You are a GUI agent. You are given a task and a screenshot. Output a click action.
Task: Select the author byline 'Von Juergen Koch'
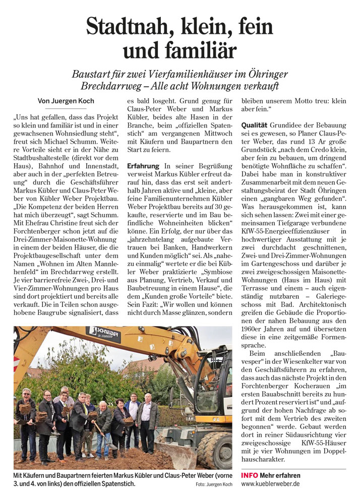click(x=66, y=101)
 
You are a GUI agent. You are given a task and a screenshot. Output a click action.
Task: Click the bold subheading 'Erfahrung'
click(x=144, y=166)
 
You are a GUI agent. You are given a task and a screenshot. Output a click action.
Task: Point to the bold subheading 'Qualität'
click(x=255, y=124)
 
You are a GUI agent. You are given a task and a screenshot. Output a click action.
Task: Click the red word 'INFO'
click(x=250, y=475)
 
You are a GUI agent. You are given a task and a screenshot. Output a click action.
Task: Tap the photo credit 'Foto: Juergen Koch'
click(x=214, y=485)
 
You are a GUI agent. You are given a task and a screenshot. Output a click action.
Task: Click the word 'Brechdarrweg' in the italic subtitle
click(x=109, y=86)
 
